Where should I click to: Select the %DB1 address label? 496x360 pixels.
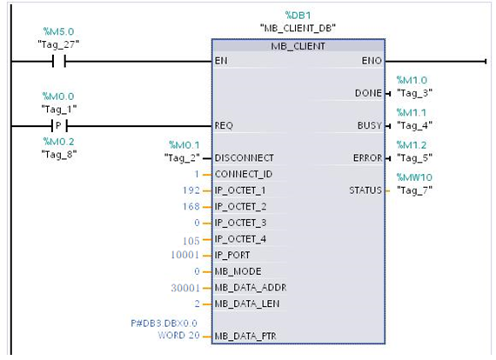[x=298, y=16]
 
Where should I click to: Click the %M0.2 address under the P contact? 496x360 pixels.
[x=59, y=140]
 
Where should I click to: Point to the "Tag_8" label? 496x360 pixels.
[x=59, y=153]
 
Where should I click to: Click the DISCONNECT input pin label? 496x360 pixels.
[x=244, y=158]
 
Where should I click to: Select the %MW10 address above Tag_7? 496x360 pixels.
[x=413, y=177]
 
